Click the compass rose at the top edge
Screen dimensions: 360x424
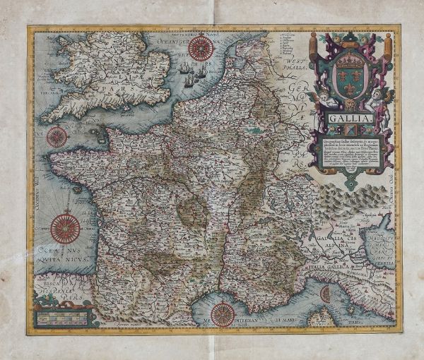201,48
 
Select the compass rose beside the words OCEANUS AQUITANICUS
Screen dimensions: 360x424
65,229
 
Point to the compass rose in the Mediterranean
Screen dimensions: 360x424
223,313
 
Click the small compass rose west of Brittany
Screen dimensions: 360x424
57,136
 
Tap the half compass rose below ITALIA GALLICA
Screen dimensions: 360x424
326,294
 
